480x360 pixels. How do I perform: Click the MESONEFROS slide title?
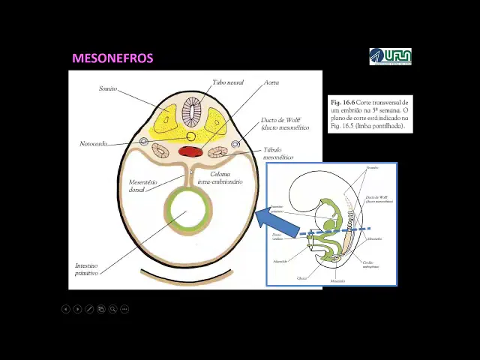click(112, 58)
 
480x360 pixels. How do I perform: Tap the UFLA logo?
click(390, 56)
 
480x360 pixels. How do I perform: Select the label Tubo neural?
click(227, 82)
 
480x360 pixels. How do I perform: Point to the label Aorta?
click(271, 82)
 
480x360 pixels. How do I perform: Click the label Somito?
click(108, 88)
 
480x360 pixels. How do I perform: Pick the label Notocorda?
click(93, 143)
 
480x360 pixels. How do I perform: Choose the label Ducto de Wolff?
click(284, 124)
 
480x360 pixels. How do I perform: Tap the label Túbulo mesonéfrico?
click(277, 154)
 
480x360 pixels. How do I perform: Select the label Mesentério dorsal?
click(142, 185)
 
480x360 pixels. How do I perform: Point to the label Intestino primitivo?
click(87, 269)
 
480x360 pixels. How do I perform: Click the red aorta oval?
click(190, 151)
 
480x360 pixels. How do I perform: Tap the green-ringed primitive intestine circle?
click(187, 211)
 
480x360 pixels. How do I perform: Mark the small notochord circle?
click(190, 136)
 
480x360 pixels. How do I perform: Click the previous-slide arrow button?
click(65, 309)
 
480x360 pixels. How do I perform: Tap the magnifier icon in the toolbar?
click(112, 309)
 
